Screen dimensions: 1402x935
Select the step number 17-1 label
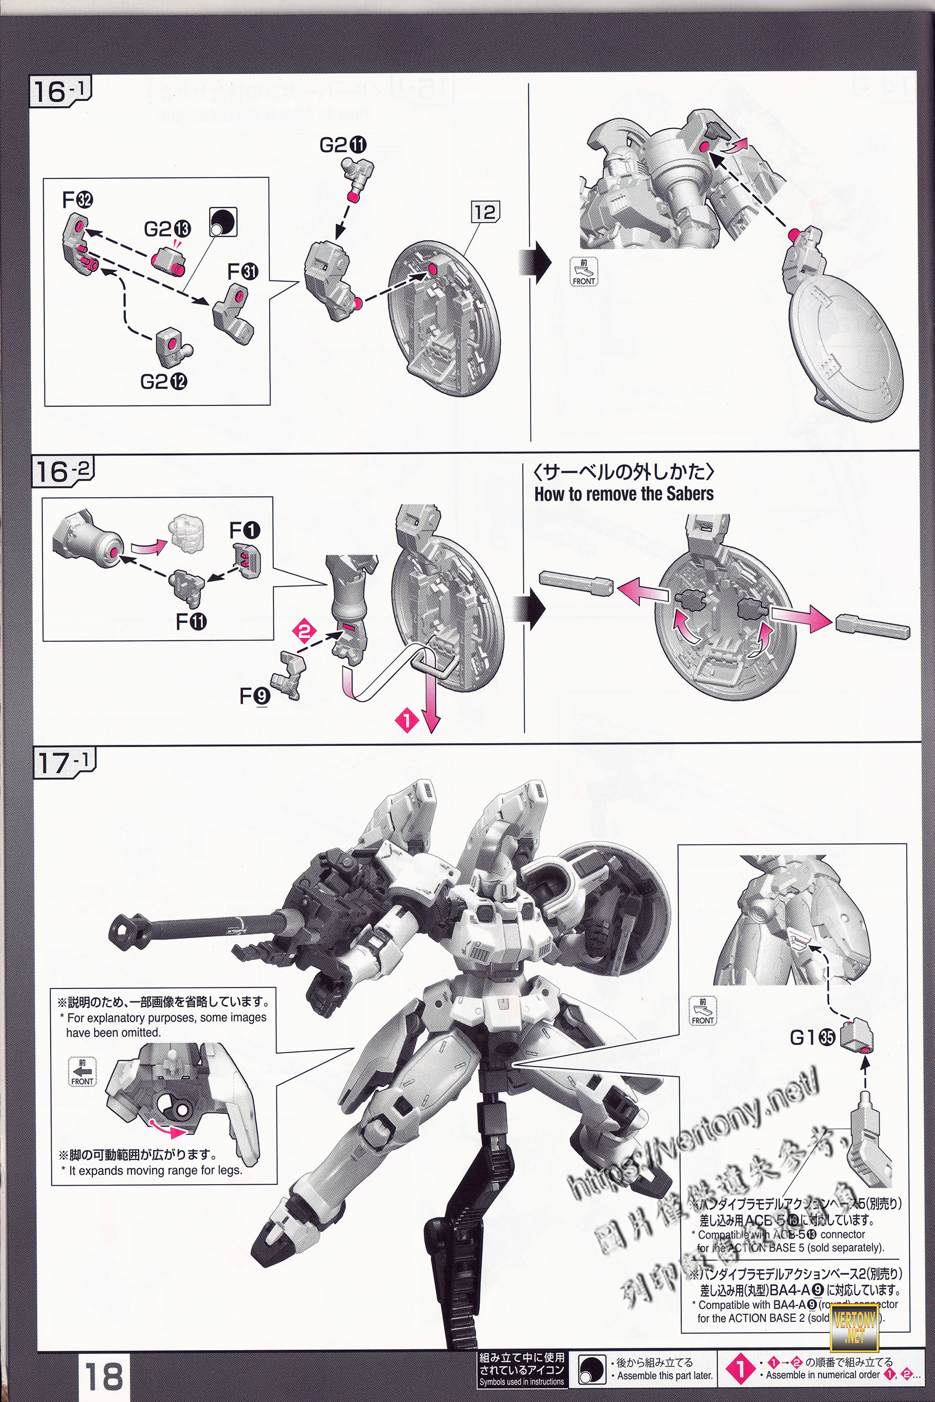pyautogui.click(x=63, y=763)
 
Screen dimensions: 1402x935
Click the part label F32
pyautogui.click(x=78, y=200)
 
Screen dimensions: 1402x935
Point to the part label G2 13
pyautogui.click(x=167, y=228)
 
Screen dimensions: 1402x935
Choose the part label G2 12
pyautogui.click(x=164, y=381)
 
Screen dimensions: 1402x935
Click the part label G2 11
pyautogui.click(x=343, y=145)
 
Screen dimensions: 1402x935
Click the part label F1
pyautogui.click(x=244, y=530)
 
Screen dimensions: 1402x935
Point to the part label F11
pyautogui.click(x=191, y=622)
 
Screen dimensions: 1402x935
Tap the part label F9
pyautogui.click(x=255, y=696)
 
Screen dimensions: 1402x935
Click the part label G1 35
pyautogui.click(x=812, y=1038)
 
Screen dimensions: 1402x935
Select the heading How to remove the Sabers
pyautogui.click(x=623, y=494)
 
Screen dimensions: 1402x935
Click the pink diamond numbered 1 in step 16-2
pyautogui.click(x=407, y=720)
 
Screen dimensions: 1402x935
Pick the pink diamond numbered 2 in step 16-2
pyautogui.click(x=304, y=631)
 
